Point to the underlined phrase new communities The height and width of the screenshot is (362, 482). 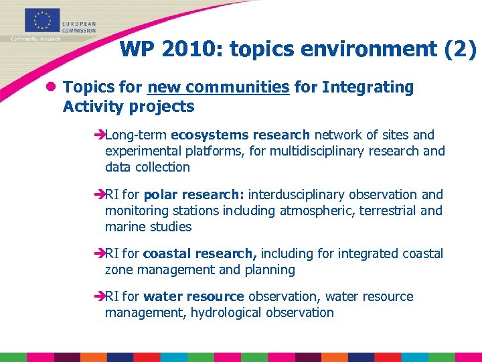tap(218, 87)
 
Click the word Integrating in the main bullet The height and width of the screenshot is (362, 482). tap(368, 87)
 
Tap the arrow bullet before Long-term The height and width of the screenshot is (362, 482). tap(99, 135)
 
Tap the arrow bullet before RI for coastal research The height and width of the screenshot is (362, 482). tap(99, 254)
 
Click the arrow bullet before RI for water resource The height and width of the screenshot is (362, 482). tap(99, 297)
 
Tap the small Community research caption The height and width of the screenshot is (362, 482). tap(35, 39)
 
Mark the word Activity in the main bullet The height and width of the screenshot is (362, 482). tap(90, 107)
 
